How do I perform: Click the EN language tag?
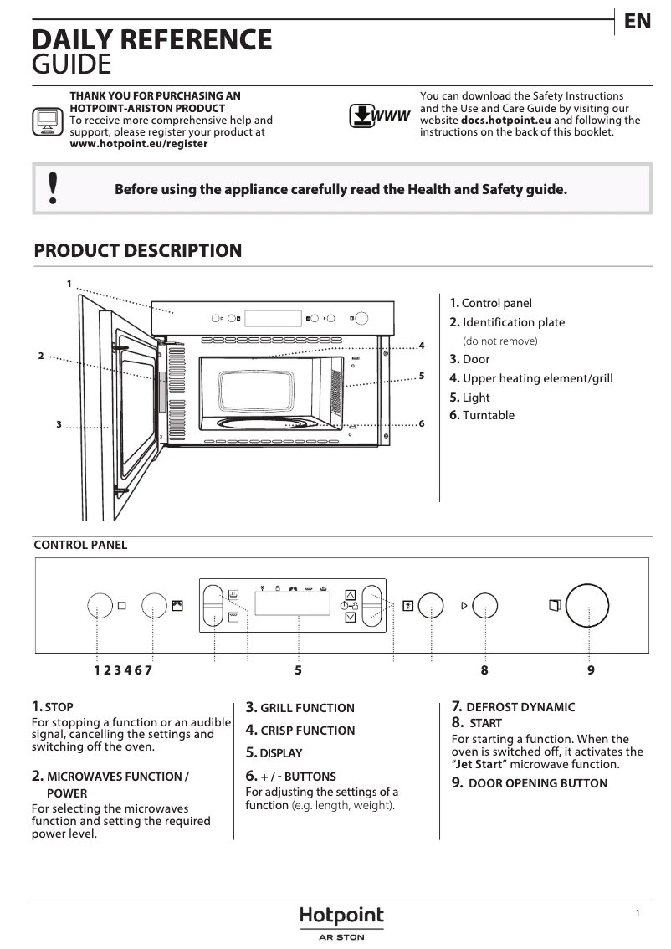coord(638,22)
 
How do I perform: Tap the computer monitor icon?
coord(47,121)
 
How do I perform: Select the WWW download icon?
coord(379,115)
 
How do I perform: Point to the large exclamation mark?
coord(54,189)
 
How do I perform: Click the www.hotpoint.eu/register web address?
coord(139,144)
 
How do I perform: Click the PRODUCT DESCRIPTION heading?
coord(138,250)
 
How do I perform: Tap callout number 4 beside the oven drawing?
coord(422,346)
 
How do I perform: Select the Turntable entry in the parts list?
coord(488,415)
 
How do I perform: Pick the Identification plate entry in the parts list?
coord(513,322)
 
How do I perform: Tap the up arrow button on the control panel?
coord(351,586)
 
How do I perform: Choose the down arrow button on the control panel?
coord(351,618)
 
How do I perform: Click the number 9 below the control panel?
coord(591,669)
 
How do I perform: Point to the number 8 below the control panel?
coord(484,669)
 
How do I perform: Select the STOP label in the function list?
coord(59,707)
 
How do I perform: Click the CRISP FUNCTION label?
coord(307,731)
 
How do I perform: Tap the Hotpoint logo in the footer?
coord(341,916)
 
